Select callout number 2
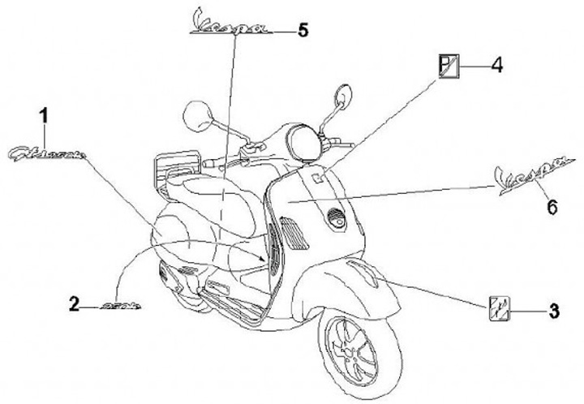pyautogui.click(x=74, y=304)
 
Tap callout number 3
pyautogui.click(x=553, y=308)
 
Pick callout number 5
pyautogui.click(x=303, y=31)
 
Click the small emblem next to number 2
pyautogui.click(x=122, y=305)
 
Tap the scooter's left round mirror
pyautogui.click(x=195, y=114)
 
